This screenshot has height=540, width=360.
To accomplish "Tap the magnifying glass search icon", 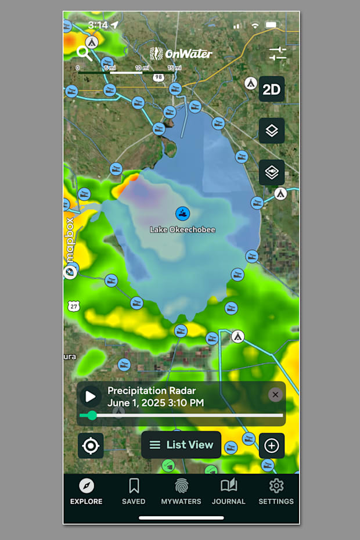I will (x=84, y=53).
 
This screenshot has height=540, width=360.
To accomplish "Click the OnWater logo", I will (x=181, y=54).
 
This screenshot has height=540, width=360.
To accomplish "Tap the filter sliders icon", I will (x=278, y=54).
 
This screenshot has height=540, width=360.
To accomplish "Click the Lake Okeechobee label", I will (x=182, y=230).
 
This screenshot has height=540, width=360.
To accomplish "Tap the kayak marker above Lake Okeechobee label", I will (x=183, y=213).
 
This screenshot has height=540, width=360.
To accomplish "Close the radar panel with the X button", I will (x=275, y=395).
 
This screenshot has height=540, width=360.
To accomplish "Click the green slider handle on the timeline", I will (x=92, y=415).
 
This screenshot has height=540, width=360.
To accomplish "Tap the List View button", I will (x=181, y=445).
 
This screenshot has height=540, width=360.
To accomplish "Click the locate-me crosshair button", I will (x=91, y=446).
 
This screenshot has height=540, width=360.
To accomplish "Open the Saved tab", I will (x=134, y=491).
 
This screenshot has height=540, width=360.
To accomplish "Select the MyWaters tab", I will (x=181, y=491).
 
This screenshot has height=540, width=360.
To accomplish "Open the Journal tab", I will (x=228, y=491).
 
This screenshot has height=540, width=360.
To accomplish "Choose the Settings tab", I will (x=276, y=491).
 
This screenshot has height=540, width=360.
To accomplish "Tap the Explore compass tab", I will (x=87, y=491).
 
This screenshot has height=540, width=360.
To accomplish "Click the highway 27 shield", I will (x=73, y=306).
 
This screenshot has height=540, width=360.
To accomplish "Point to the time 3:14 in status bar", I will (x=98, y=26).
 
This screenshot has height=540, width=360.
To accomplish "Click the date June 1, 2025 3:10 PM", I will (x=155, y=402).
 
